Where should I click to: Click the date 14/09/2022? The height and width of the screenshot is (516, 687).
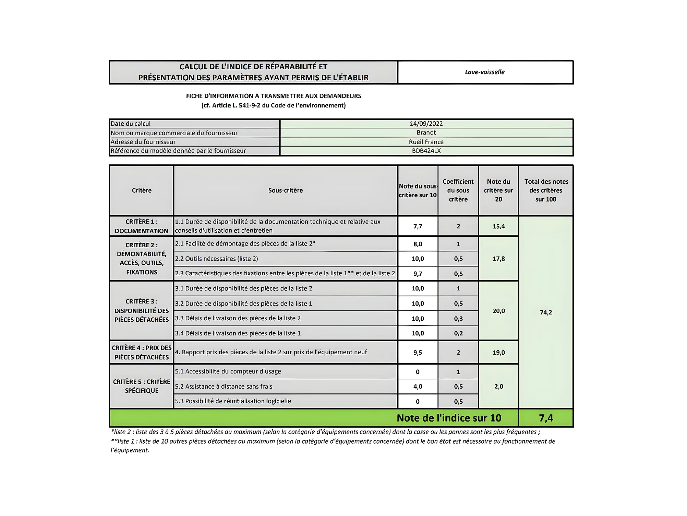pyautogui.click(x=426, y=124)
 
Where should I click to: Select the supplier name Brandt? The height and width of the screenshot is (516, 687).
pyautogui.click(x=426, y=133)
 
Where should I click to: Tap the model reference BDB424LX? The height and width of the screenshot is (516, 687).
pyautogui.click(x=426, y=151)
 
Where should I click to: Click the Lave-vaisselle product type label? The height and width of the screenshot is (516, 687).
pyautogui.click(x=484, y=72)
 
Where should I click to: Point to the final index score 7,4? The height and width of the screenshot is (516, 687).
pyautogui.click(x=546, y=418)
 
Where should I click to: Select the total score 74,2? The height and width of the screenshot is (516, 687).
pyautogui.click(x=546, y=312)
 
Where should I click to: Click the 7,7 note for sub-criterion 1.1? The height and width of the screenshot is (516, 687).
pyautogui.click(x=418, y=226)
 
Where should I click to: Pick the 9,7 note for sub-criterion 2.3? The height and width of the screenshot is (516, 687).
pyautogui.click(x=418, y=274)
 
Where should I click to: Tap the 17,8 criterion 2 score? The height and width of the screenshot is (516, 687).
pyautogui.click(x=498, y=259)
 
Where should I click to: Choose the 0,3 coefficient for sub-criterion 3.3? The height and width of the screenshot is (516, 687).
pyautogui.click(x=458, y=319)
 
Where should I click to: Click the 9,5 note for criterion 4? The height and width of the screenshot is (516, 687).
pyautogui.click(x=418, y=353)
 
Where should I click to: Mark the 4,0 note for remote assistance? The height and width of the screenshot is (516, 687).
pyautogui.click(x=418, y=387)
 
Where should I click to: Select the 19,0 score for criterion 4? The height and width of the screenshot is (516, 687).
pyautogui.click(x=498, y=353)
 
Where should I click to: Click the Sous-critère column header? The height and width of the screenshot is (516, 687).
pyautogui.click(x=285, y=191)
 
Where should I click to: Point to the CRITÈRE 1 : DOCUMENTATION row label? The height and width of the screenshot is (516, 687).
pyautogui.click(x=141, y=226)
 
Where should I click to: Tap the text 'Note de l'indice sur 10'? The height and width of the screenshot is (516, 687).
pyautogui.click(x=449, y=418)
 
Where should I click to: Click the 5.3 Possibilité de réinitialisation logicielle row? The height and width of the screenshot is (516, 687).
pyautogui.click(x=233, y=401)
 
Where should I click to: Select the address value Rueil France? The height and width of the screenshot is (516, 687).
pyautogui.click(x=426, y=142)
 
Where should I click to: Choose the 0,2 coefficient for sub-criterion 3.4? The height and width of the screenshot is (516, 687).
pyautogui.click(x=458, y=333)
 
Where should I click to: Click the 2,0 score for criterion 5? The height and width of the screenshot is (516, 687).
pyautogui.click(x=498, y=387)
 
